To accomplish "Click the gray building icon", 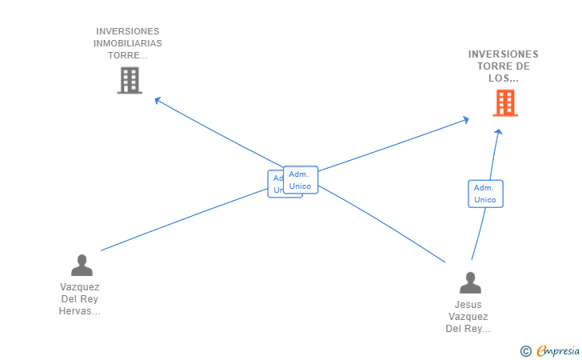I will click(x=130, y=80).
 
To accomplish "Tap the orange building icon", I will click(x=504, y=102).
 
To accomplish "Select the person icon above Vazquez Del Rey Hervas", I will click(x=82, y=265).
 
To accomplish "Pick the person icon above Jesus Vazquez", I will click(x=471, y=282).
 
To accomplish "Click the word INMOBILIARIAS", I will click(x=128, y=43).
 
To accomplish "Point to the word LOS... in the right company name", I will click(x=504, y=78).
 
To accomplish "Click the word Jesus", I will click(x=468, y=305).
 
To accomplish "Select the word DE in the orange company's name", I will click(x=520, y=66).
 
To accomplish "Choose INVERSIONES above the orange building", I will click(x=504, y=54).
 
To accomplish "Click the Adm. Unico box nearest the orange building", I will click(x=485, y=194).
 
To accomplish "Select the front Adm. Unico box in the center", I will click(x=301, y=180).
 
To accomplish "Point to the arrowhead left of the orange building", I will click(x=465, y=120).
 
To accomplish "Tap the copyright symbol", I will click(x=525, y=350).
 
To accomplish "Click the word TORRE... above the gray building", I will click(x=128, y=55).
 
